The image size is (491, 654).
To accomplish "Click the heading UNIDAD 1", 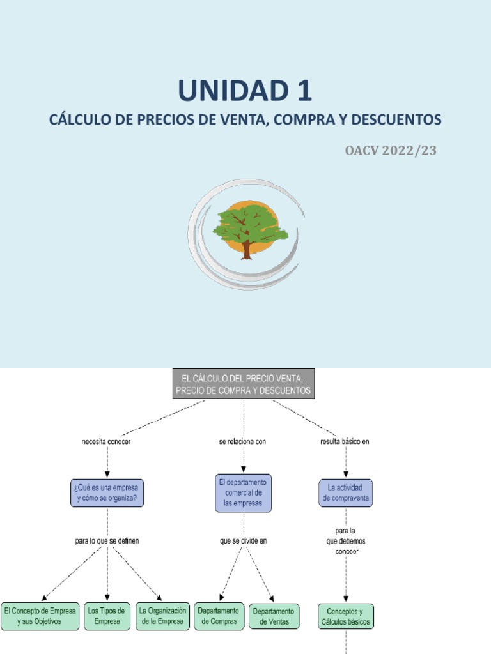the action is (x=245, y=91).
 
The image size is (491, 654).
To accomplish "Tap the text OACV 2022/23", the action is (x=391, y=151).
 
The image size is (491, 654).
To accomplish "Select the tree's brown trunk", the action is (x=247, y=250).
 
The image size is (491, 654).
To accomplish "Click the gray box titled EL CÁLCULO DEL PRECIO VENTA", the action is (x=244, y=384).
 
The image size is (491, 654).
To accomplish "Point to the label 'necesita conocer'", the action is (x=106, y=442).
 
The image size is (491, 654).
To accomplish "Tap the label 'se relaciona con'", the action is (x=242, y=442).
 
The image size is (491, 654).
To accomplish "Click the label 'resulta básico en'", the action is (x=345, y=442).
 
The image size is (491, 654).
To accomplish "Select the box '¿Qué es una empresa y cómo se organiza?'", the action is (x=107, y=493).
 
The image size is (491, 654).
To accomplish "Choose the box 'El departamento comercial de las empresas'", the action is (x=244, y=492).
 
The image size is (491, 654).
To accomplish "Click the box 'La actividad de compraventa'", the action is (x=345, y=493).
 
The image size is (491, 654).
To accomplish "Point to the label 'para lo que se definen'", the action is (x=107, y=541).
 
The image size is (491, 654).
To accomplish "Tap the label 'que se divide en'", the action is (x=244, y=541).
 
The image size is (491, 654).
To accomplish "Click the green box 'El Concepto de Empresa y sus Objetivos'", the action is (x=40, y=616).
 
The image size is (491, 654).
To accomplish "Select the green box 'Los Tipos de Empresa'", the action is (x=107, y=616).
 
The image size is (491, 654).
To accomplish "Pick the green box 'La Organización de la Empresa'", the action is (x=162, y=616).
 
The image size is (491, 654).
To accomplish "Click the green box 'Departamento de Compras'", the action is (x=219, y=616).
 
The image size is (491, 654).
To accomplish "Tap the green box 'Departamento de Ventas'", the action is (x=274, y=616).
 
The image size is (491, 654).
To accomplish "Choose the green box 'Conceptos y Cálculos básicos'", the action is (x=346, y=616).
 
